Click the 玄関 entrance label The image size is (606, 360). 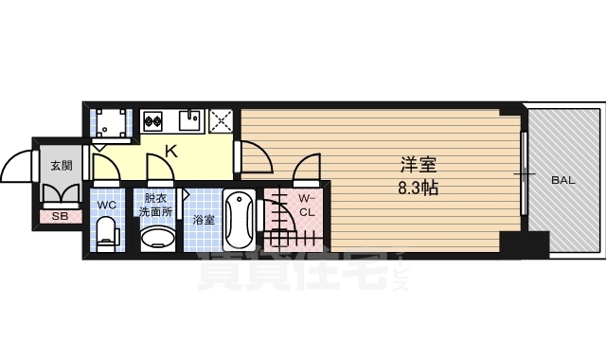tap(61, 165)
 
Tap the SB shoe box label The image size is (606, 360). tap(60, 216)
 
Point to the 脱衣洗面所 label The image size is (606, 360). tap(156, 205)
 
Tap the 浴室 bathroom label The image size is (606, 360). tap(203, 220)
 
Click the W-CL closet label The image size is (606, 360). tap(307, 204)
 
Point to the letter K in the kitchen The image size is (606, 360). tap(171, 150)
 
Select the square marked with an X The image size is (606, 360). tap(222, 120)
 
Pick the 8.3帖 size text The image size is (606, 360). tap(416, 187)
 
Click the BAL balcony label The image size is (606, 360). tap(561, 178)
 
